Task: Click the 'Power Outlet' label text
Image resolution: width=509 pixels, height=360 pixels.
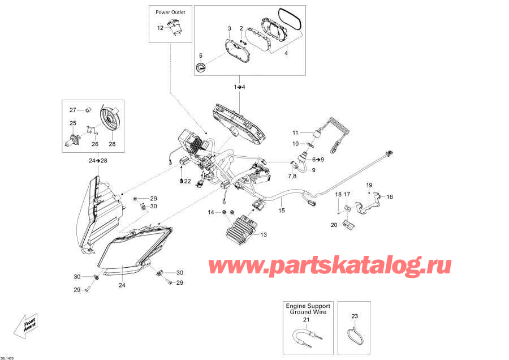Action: [170, 11]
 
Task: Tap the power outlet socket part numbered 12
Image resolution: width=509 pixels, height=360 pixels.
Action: [173, 28]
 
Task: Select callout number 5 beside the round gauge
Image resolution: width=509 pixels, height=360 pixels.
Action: [200, 55]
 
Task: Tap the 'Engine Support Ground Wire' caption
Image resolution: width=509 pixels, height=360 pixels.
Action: [308, 308]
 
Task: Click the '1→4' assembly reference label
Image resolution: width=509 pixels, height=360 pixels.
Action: [240, 87]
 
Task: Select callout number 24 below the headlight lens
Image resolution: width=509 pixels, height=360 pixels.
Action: [121, 285]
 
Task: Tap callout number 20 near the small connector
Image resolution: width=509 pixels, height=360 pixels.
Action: [334, 225]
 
